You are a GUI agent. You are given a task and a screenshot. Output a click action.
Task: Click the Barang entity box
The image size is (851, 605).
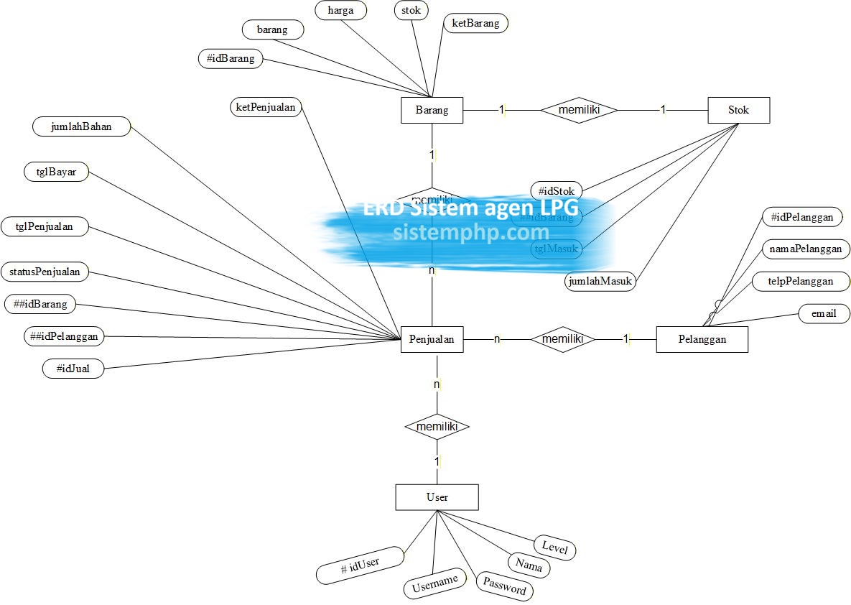(x=432, y=110)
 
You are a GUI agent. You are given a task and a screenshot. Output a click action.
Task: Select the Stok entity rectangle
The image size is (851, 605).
(x=738, y=110)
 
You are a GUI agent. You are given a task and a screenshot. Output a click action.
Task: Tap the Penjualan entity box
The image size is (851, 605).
(x=432, y=339)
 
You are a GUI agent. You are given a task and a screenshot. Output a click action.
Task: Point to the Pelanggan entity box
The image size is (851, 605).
(x=702, y=339)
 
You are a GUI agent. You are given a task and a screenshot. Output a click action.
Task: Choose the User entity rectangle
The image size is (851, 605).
(x=437, y=497)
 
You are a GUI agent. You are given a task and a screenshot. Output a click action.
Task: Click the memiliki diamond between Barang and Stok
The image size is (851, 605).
(x=579, y=110)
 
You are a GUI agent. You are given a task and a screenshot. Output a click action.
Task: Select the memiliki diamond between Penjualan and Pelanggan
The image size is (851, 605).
(x=562, y=339)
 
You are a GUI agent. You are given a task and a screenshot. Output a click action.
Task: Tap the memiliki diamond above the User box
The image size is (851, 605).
(x=437, y=427)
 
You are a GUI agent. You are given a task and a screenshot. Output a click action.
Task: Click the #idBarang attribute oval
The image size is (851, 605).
(x=230, y=58)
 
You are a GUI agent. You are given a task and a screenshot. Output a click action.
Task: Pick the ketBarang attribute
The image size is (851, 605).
(x=475, y=23)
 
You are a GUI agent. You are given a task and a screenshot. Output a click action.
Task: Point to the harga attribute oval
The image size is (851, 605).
(x=340, y=10)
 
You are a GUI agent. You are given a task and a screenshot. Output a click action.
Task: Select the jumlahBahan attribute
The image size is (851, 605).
(x=82, y=126)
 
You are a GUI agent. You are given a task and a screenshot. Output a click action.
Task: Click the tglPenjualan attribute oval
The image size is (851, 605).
(x=45, y=226)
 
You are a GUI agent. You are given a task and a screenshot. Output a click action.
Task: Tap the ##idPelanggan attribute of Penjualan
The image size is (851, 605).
(x=64, y=336)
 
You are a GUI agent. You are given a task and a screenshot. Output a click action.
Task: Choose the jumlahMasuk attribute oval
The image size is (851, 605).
(x=600, y=281)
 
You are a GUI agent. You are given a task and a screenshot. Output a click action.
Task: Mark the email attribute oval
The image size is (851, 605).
(x=824, y=313)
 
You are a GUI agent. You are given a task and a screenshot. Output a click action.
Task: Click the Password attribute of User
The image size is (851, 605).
(x=505, y=586)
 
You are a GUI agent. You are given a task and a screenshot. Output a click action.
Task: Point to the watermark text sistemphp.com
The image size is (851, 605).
(x=471, y=233)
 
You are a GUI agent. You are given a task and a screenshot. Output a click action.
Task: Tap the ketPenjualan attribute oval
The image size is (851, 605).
(x=266, y=107)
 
